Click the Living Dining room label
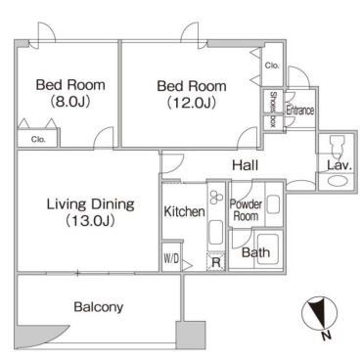click(90, 212)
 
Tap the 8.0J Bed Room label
click(70, 93)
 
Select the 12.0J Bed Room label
click(192, 94)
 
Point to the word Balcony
click(99, 307)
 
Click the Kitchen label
click(184, 211)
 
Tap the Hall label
click(246, 165)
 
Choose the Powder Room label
click(246, 210)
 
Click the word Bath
click(255, 252)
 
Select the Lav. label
click(339, 165)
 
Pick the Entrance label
click(300, 111)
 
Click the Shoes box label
click(273, 110)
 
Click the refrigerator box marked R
click(216, 262)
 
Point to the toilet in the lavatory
click(337, 147)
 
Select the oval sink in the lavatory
click(338, 181)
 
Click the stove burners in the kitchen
click(216, 197)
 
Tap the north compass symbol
click(320, 314)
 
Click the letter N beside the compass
click(326, 336)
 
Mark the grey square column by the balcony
click(191, 336)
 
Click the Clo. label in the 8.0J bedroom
click(38, 139)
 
